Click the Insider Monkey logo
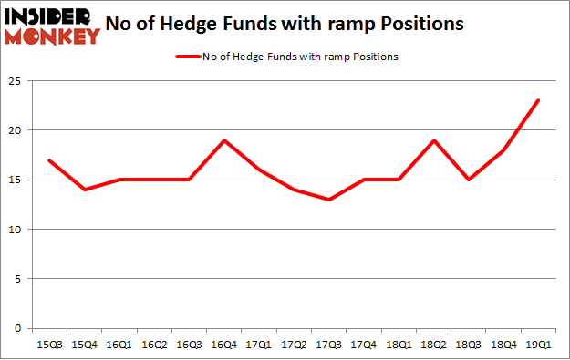click(x=53, y=25)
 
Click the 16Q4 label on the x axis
click(x=223, y=345)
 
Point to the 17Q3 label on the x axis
click(x=328, y=345)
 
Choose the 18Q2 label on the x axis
click(x=433, y=345)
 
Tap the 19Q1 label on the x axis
click(x=538, y=345)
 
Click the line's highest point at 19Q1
click(x=538, y=100)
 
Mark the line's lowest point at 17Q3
click(x=328, y=200)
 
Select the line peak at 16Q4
click(x=223, y=140)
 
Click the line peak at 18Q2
click(x=433, y=140)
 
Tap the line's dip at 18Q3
click(x=469, y=180)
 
